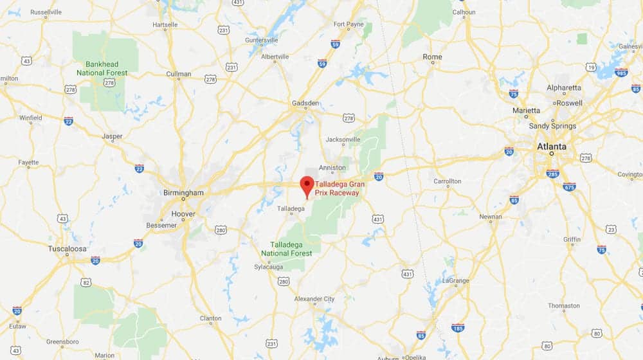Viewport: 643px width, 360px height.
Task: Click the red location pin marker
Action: coord(307,185)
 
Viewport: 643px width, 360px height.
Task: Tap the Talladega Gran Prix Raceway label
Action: coord(340,188)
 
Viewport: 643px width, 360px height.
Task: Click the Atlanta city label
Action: coord(552,147)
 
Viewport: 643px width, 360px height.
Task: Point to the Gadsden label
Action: coord(305,103)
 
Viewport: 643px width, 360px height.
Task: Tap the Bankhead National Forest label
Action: coord(102,68)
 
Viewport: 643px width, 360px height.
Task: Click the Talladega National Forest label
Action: coord(291,249)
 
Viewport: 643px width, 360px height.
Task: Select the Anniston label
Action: coord(332,168)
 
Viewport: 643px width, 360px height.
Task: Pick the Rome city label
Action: coord(432,57)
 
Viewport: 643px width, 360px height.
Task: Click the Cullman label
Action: coord(179,74)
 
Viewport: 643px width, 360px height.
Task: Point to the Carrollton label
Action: coord(447,181)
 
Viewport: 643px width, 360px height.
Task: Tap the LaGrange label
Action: coord(456,281)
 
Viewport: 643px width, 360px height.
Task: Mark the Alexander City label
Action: coord(314,299)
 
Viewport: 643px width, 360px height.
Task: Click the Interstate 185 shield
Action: coord(458,328)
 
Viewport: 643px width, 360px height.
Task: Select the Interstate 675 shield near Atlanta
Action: coord(569,186)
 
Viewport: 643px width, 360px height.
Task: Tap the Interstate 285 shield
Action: coord(552,173)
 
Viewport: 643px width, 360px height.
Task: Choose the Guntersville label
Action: coord(262,40)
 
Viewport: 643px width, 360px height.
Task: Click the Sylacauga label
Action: coord(269,266)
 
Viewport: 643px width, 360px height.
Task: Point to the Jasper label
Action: coord(113,136)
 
